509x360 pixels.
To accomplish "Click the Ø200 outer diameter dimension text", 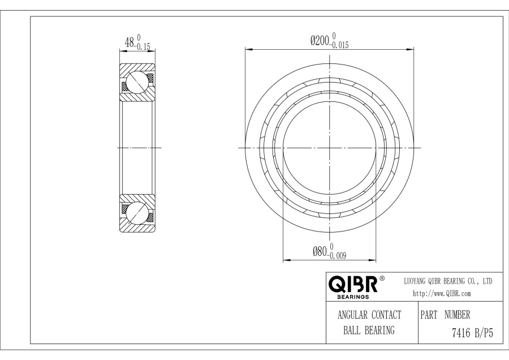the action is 320,41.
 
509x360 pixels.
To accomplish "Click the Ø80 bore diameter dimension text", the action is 320,251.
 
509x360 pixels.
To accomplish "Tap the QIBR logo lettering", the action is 353,285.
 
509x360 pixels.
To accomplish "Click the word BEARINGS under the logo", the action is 353,297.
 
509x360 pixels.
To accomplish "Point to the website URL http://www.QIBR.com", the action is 442,294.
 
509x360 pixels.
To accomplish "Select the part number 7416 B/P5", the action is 472,333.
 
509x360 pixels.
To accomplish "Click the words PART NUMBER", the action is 445,315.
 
